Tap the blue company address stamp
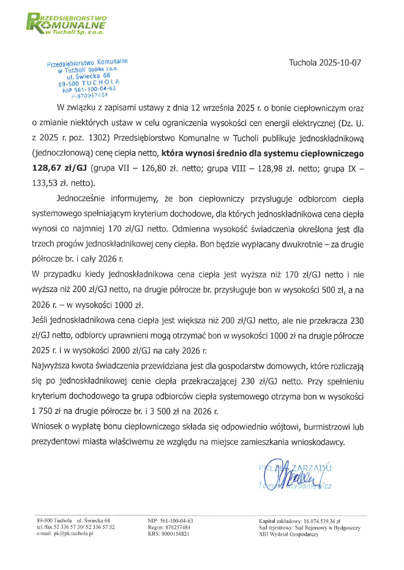pos(87,78)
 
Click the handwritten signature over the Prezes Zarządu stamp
pos(298,474)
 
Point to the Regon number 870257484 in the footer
pos(178,527)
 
